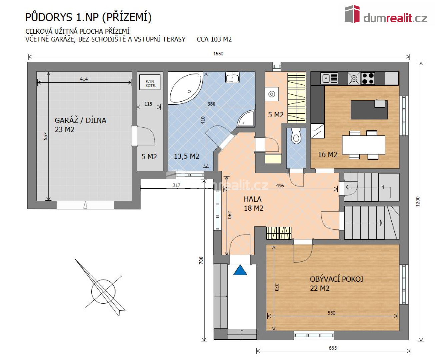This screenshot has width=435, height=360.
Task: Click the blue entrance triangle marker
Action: (x=240, y=270)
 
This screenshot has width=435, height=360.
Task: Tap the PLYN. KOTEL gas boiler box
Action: (x=150, y=82)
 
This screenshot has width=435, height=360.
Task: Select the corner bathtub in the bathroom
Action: (x=185, y=88)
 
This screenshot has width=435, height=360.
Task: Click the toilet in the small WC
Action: (x=296, y=136)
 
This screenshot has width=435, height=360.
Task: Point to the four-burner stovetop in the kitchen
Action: (x=368, y=78)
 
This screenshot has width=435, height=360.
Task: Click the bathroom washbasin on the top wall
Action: (x=233, y=77)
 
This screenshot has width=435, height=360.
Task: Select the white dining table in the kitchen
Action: (x=364, y=145)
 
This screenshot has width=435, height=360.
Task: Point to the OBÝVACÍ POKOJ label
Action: (x=337, y=279)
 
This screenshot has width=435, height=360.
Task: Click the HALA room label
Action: (x=253, y=199)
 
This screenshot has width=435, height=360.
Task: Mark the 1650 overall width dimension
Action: (x=218, y=54)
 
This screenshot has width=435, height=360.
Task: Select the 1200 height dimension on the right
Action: (x=418, y=201)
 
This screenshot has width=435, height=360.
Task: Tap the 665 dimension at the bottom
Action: (x=333, y=348)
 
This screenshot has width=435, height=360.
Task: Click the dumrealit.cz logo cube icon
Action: (x=352, y=14)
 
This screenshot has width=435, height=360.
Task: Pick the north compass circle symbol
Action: (x=103, y=291)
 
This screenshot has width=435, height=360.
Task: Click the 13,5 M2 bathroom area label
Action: (x=186, y=156)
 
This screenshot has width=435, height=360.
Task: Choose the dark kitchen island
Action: (x=369, y=110)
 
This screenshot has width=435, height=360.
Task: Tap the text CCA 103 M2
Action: (x=214, y=39)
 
